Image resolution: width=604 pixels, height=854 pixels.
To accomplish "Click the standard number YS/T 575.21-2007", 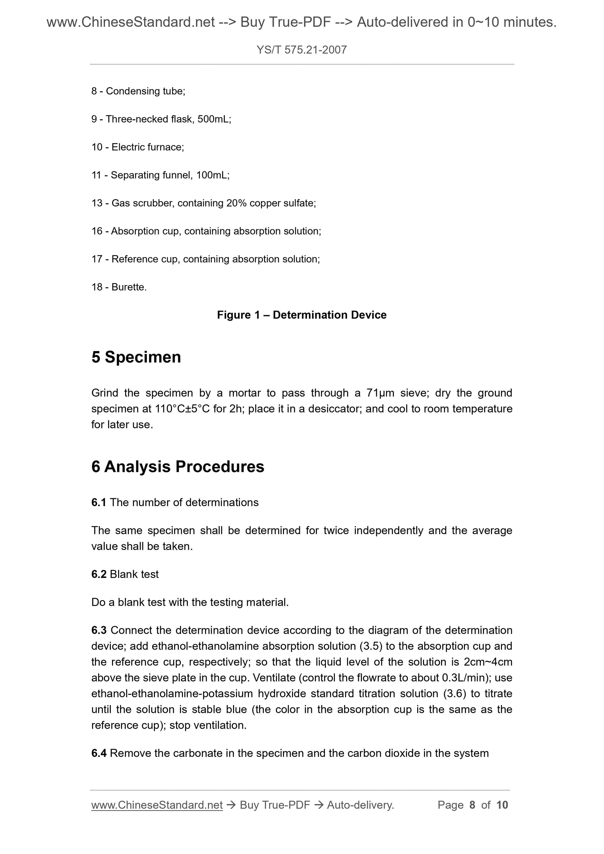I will coord(301,50).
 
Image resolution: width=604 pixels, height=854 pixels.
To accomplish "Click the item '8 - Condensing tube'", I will coord(138,91).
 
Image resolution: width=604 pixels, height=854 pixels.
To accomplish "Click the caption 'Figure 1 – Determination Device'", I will coord(301,315).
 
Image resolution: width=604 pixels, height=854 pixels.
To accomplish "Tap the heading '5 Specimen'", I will coord(136,357).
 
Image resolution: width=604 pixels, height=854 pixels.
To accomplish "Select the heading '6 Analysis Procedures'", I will coord(178,467).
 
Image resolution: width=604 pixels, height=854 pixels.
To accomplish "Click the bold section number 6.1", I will coord(99,503).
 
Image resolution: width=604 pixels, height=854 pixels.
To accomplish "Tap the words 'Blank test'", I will coord(134,574).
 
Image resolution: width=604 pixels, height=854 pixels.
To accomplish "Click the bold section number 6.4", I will coord(99,753).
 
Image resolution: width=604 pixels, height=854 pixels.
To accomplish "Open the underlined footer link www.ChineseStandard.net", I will coord(157,805).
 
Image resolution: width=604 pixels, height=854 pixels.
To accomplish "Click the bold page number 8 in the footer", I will coord(472,805).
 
